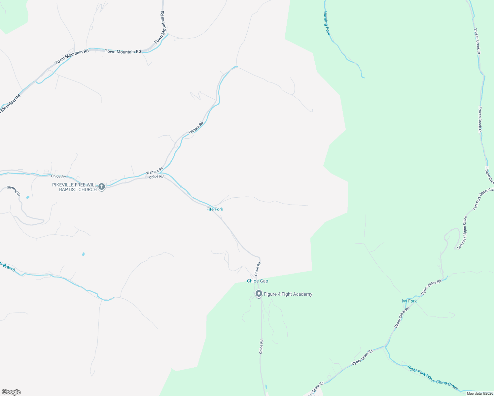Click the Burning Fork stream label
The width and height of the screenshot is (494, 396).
click(x=327, y=23)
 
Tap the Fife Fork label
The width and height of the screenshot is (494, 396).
click(x=215, y=209)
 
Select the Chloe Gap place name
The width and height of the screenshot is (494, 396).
click(x=258, y=281)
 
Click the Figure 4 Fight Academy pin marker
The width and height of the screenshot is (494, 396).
click(x=259, y=293)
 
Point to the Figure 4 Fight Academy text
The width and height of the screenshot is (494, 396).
click(x=288, y=294)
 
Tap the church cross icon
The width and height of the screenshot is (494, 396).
click(x=102, y=186)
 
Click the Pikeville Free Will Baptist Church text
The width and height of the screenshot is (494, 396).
click(x=74, y=187)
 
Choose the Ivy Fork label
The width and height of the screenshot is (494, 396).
click(x=409, y=301)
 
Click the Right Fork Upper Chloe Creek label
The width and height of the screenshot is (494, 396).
click(x=433, y=378)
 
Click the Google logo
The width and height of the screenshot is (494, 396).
click(x=11, y=392)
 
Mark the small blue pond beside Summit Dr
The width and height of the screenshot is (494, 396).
click(x=27, y=197)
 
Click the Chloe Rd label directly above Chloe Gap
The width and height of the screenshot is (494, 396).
click(x=258, y=269)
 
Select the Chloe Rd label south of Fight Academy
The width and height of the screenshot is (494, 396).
click(x=261, y=346)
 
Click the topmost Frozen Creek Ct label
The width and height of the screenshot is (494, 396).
click(x=477, y=41)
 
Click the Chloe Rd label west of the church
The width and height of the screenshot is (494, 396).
click(x=58, y=177)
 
